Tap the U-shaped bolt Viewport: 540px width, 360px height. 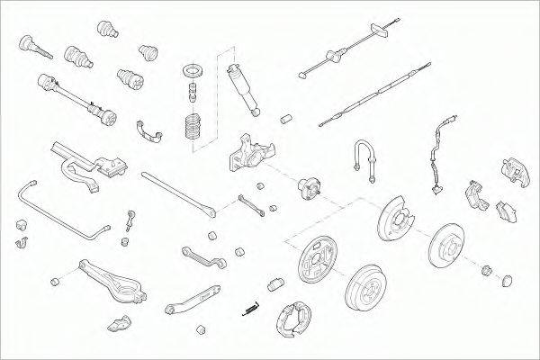pos(364,158)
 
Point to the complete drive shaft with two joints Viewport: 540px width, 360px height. pos(77,98)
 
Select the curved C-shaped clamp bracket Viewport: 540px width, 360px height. pos(150,131)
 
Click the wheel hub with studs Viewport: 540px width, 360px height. pos(305,186)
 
